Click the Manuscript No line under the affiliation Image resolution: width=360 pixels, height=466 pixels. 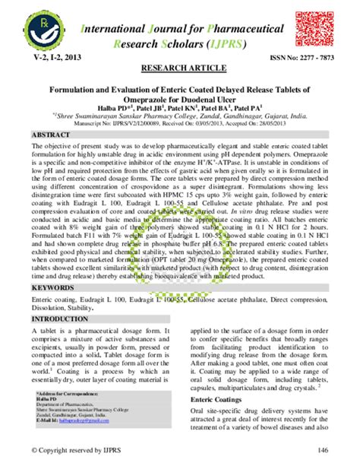pyautogui.click(x=179, y=122)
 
